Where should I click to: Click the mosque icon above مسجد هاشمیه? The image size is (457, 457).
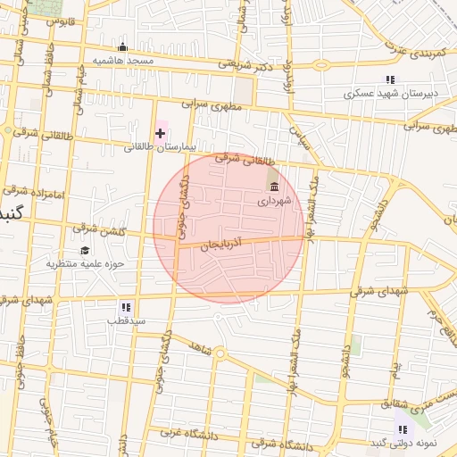tap(122, 47)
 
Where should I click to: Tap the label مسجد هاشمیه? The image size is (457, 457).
tap(122, 60)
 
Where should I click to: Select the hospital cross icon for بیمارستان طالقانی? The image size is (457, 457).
tap(160, 134)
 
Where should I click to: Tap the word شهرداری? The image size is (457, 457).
tap(273, 202)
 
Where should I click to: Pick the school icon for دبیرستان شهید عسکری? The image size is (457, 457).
tap(389, 80)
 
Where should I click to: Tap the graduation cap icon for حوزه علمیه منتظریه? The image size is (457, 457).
tap(85, 251)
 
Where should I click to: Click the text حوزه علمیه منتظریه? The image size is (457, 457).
tap(80, 264)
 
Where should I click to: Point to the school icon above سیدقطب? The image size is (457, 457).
tap(126, 306)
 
